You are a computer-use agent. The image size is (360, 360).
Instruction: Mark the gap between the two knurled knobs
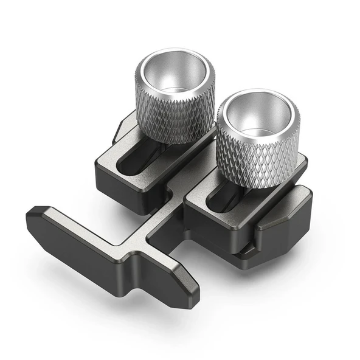209,131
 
